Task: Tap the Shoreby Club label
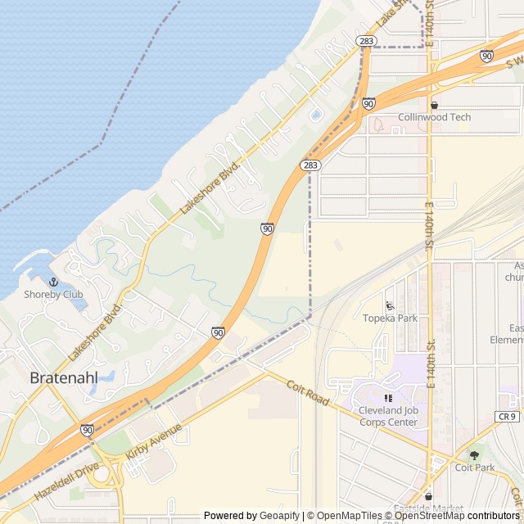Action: click(53, 295)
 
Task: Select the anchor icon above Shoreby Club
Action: click(53, 282)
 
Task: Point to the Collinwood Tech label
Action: click(434, 117)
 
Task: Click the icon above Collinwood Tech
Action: click(434, 105)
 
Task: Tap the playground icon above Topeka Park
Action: click(390, 305)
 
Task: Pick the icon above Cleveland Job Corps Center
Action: click(388, 398)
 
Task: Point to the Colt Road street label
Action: click(307, 391)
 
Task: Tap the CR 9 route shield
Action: click(508, 417)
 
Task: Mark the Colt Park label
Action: click(474, 468)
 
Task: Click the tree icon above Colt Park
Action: click(474, 455)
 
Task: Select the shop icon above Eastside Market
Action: click(428, 496)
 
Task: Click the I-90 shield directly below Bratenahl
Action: click(87, 430)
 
